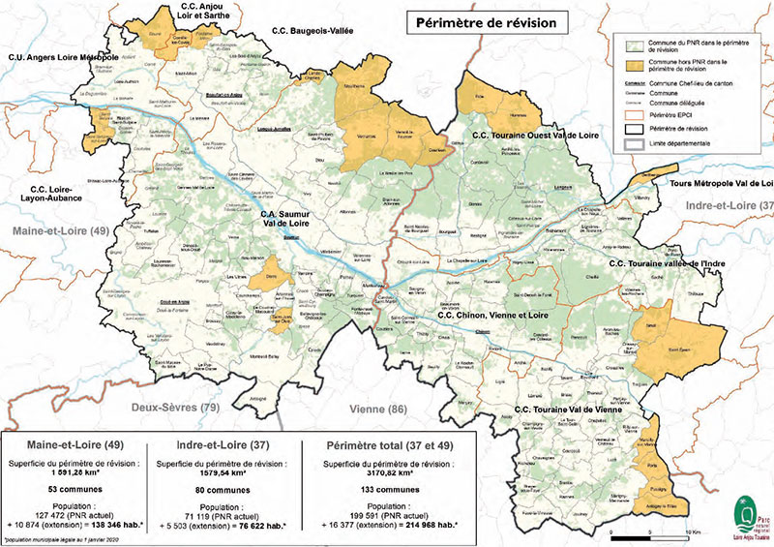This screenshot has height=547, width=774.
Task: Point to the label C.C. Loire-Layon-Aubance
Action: click(x=55, y=193)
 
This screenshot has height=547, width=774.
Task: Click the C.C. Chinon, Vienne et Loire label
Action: click(x=493, y=316)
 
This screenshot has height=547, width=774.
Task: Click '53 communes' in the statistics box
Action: click(x=75, y=490)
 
